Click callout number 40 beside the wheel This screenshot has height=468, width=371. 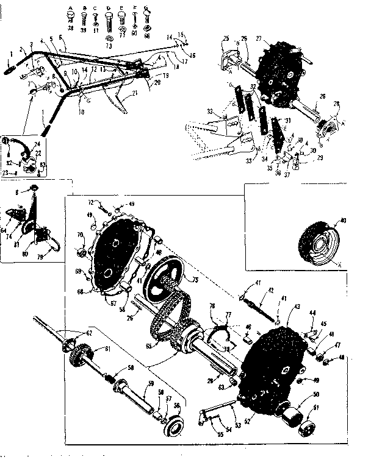[344, 220]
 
